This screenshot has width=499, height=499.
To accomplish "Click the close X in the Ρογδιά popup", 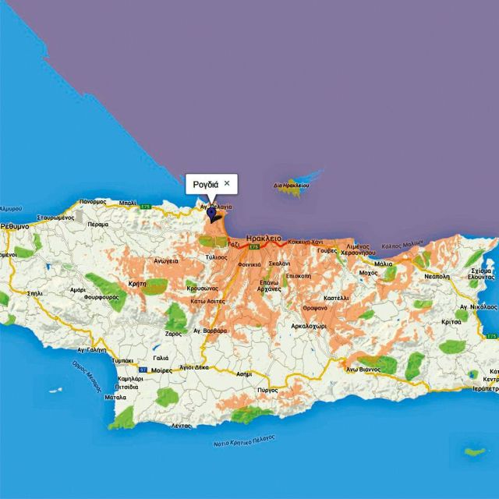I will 227,182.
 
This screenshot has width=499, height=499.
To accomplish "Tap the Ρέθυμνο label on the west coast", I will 14,225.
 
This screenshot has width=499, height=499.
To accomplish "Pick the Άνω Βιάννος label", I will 363,369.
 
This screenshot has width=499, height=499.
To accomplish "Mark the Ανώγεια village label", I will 166,261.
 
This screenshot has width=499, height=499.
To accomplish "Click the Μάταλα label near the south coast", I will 115,397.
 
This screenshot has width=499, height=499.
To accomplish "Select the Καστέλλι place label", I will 335,298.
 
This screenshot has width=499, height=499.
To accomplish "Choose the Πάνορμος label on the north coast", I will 92,202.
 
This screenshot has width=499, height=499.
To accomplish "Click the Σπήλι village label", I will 34,294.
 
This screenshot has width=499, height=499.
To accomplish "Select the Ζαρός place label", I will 173,333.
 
